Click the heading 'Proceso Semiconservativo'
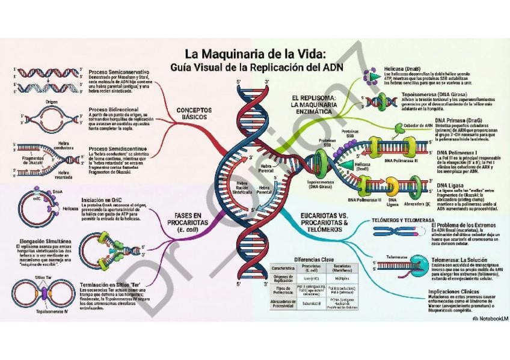pyautogui.click(x=118, y=72)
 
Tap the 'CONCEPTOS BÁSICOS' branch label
pyautogui.click(x=194, y=114)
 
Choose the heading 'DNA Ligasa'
pyautogui.click(x=450, y=185)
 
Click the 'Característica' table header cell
pyautogui.click(x=282, y=269)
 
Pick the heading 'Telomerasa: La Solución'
pyautogui.click(x=459, y=260)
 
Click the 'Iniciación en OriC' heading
pyautogui.click(x=104, y=200)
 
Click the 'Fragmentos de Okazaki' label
pyautogui.click(x=29, y=160)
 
